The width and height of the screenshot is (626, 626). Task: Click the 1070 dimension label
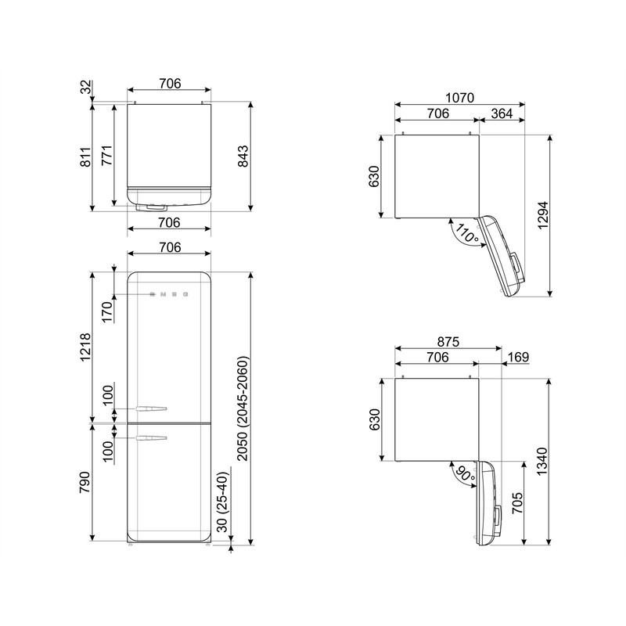pyautogui.click(x=459, y=98)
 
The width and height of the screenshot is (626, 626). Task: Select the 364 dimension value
pyautogui.click(x=502, y=113)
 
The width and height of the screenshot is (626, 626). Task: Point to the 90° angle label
pyautogui.click(x=465, y=474)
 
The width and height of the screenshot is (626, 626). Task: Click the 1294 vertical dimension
pyautogui.click(x=543, y=216)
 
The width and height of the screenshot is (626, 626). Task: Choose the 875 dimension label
pyautogui.click(x=448, y=342)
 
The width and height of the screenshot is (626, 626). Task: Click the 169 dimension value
pyautogui.click(x=519, y=357)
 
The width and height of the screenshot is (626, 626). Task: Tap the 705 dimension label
pyautogui.click(x=517, y=503)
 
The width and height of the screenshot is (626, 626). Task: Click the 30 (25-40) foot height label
pyautogui.click(x=223, y=502)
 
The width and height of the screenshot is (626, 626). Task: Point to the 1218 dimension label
pyautogui.click(x=86, y=347)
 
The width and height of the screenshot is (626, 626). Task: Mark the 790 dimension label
pyautogui.click(x=85, y=482)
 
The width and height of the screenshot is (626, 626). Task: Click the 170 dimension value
pyautogui.click(x=107, y=312)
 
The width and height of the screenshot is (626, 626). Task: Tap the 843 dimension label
pyautogui.click(x=243, y=156)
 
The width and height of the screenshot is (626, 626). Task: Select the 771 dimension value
pyautogui.click(x=106, y=156)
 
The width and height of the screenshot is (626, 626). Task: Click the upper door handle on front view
pyautogui.click(x=151, y=408)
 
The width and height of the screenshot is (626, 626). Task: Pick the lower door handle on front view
pyautogui.click(x=151, y=438)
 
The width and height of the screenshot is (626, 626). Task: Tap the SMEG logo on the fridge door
pyautogui.click(x=169, y=295)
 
